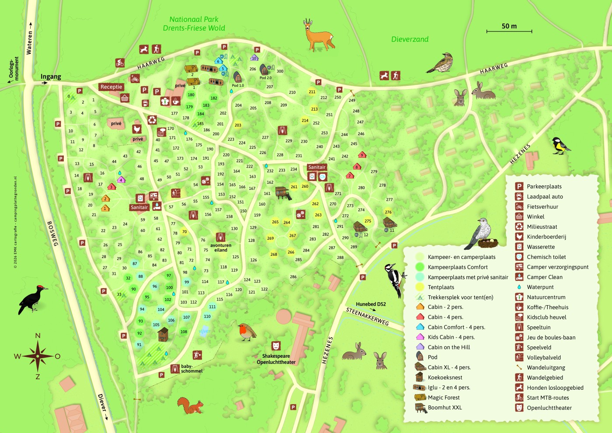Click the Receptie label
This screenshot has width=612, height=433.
111,87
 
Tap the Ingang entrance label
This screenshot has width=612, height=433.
51,77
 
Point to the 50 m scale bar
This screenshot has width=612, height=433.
509,31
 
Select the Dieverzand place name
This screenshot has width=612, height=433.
410,39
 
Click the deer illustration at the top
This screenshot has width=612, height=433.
319,35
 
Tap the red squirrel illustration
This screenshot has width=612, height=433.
191,406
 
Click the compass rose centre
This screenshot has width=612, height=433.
38,356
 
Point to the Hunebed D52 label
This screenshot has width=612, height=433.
371,304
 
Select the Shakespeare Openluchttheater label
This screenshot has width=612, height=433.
276,359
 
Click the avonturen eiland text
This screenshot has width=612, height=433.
221,248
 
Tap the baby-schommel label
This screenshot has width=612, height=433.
191,369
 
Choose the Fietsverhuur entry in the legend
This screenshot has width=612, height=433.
542,207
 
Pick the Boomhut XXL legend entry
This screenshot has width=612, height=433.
445,408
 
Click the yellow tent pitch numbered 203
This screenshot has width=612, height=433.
238,125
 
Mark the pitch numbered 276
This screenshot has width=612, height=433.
388,212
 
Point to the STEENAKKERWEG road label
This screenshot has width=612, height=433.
367,316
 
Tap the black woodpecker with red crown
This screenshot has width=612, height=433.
33,299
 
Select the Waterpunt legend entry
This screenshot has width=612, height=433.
540,287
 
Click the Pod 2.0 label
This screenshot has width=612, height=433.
265,78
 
